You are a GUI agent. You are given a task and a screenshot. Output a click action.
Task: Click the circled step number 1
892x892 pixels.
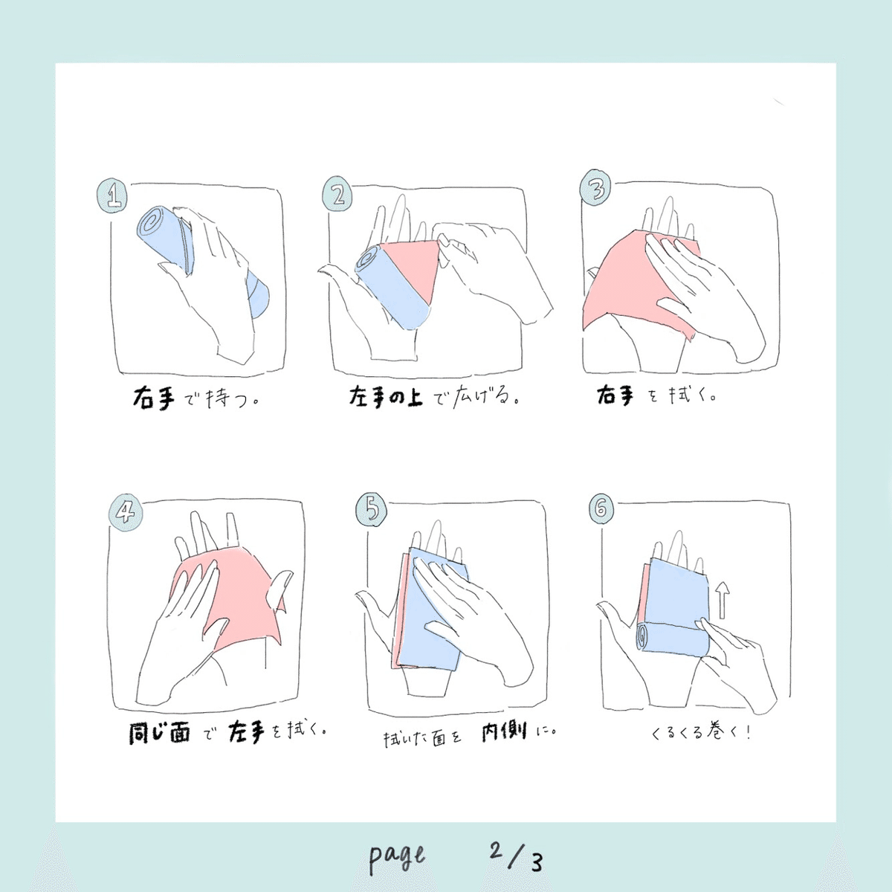112,196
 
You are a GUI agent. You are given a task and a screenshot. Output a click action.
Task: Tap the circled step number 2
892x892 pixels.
337,195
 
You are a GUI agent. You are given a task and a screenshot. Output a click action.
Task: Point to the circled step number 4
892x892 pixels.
126,512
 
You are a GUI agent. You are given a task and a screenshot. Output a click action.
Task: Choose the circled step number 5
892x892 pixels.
372,509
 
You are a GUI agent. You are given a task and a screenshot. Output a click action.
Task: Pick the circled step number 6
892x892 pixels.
602,509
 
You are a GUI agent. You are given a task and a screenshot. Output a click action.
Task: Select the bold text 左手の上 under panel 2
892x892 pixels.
386,397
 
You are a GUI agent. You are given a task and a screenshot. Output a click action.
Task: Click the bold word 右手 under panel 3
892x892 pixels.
615,395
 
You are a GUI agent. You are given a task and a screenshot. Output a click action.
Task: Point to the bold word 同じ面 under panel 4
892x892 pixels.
159,734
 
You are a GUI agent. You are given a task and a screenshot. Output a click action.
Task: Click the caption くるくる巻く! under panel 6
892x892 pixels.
701,733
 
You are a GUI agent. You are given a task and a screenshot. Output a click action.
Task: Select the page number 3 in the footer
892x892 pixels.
536,862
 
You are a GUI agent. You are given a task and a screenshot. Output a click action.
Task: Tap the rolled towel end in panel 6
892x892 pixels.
641,638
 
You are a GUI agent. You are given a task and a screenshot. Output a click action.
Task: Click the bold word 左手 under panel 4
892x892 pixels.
246,733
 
